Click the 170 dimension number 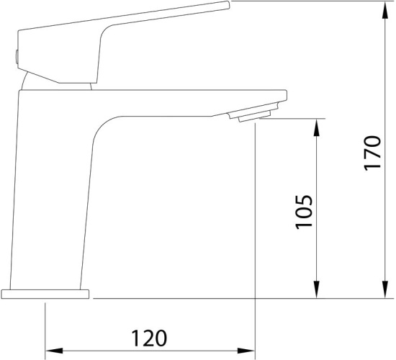coord(372,153)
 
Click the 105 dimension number coord(304,212)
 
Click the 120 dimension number coord(149,338)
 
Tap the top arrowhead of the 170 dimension coord(385,10)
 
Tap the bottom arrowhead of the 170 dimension coord(385,289)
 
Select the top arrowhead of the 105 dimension coord(317,127)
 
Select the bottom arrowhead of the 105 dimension coord(317,289)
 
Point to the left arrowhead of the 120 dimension coord(54,351)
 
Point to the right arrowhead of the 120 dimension coord(246,351)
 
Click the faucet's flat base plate coord(45,294)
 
